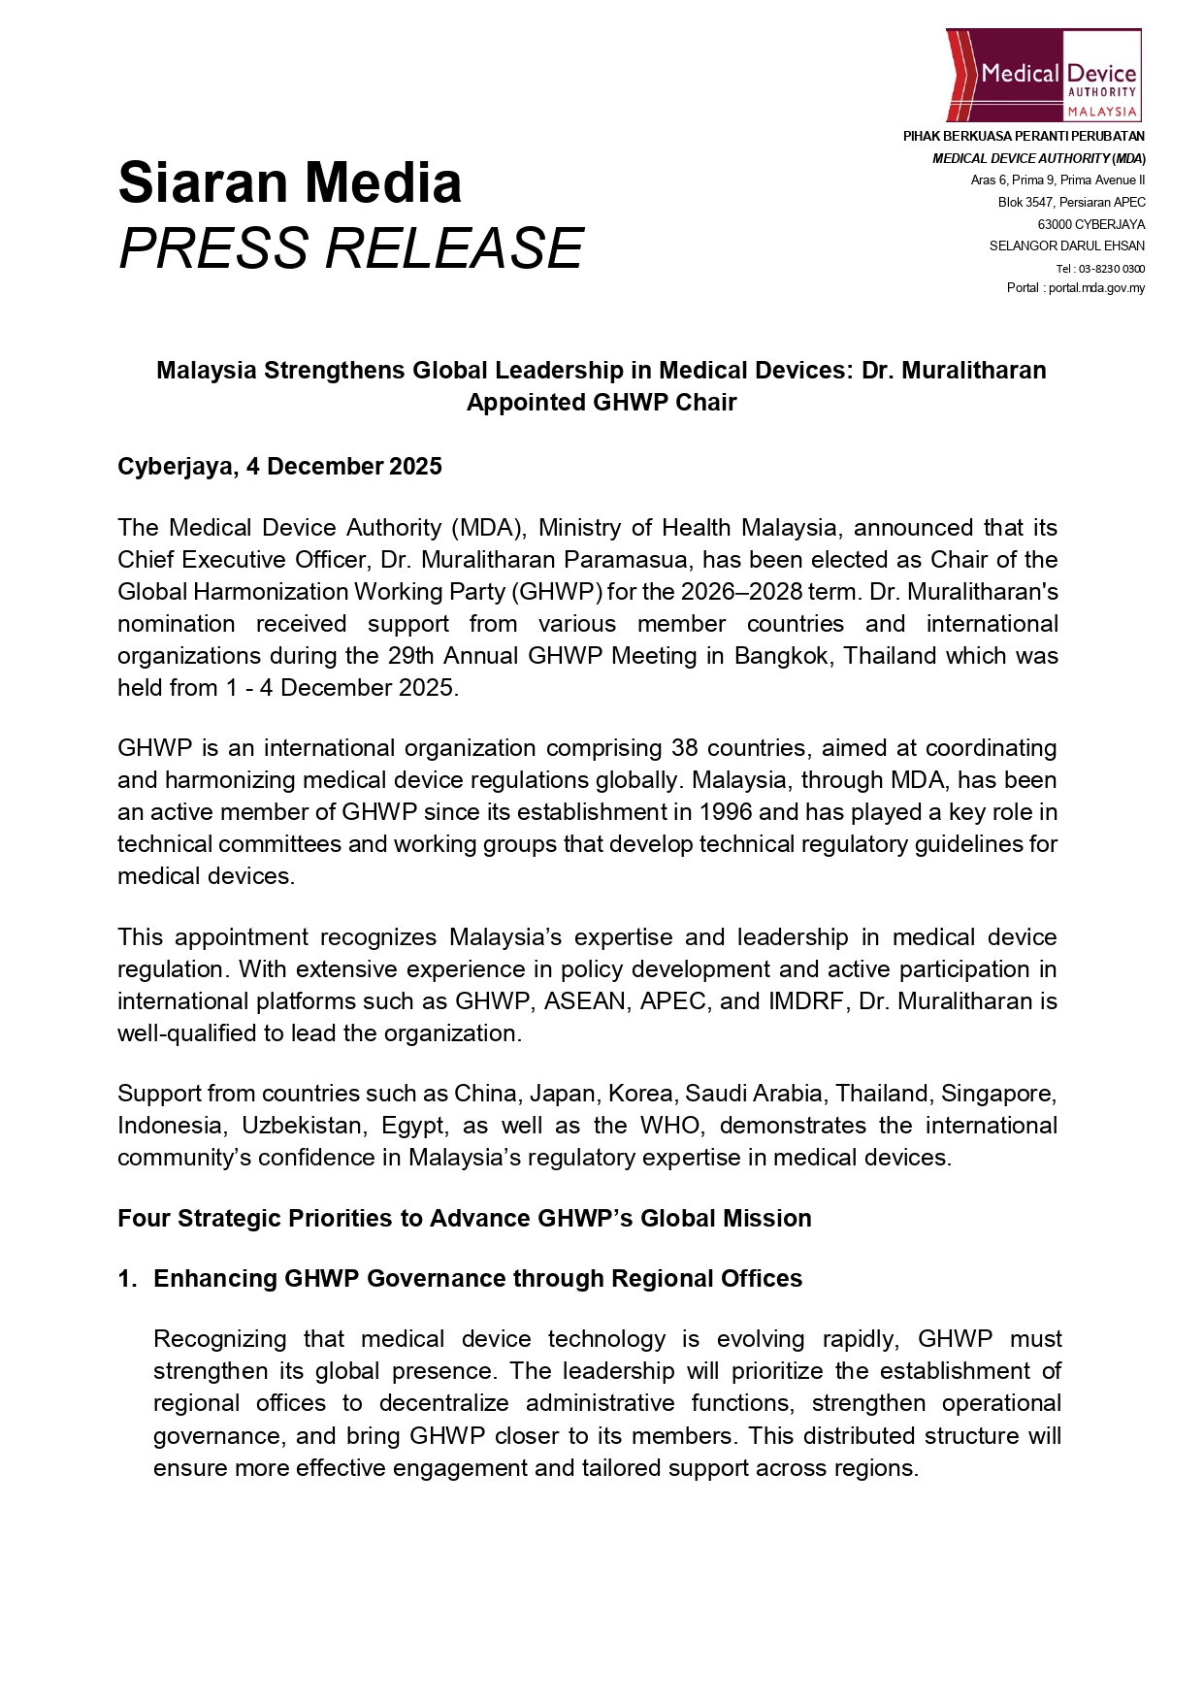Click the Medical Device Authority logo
pos(1043,75)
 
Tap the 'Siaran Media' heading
pos(289,182)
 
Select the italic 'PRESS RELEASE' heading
pos(350,247)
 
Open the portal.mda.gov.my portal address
pos(1096,288)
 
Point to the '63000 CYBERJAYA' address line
pos(1090,224)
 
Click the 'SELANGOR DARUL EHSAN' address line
pos(1066,246)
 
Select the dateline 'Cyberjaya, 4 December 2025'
pos(279,467)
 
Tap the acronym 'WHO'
pos(669,1126)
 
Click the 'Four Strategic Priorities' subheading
pos(464,1219)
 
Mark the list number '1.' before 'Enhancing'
pos(127,1279)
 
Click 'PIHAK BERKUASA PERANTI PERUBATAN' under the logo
pos(1024,137)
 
